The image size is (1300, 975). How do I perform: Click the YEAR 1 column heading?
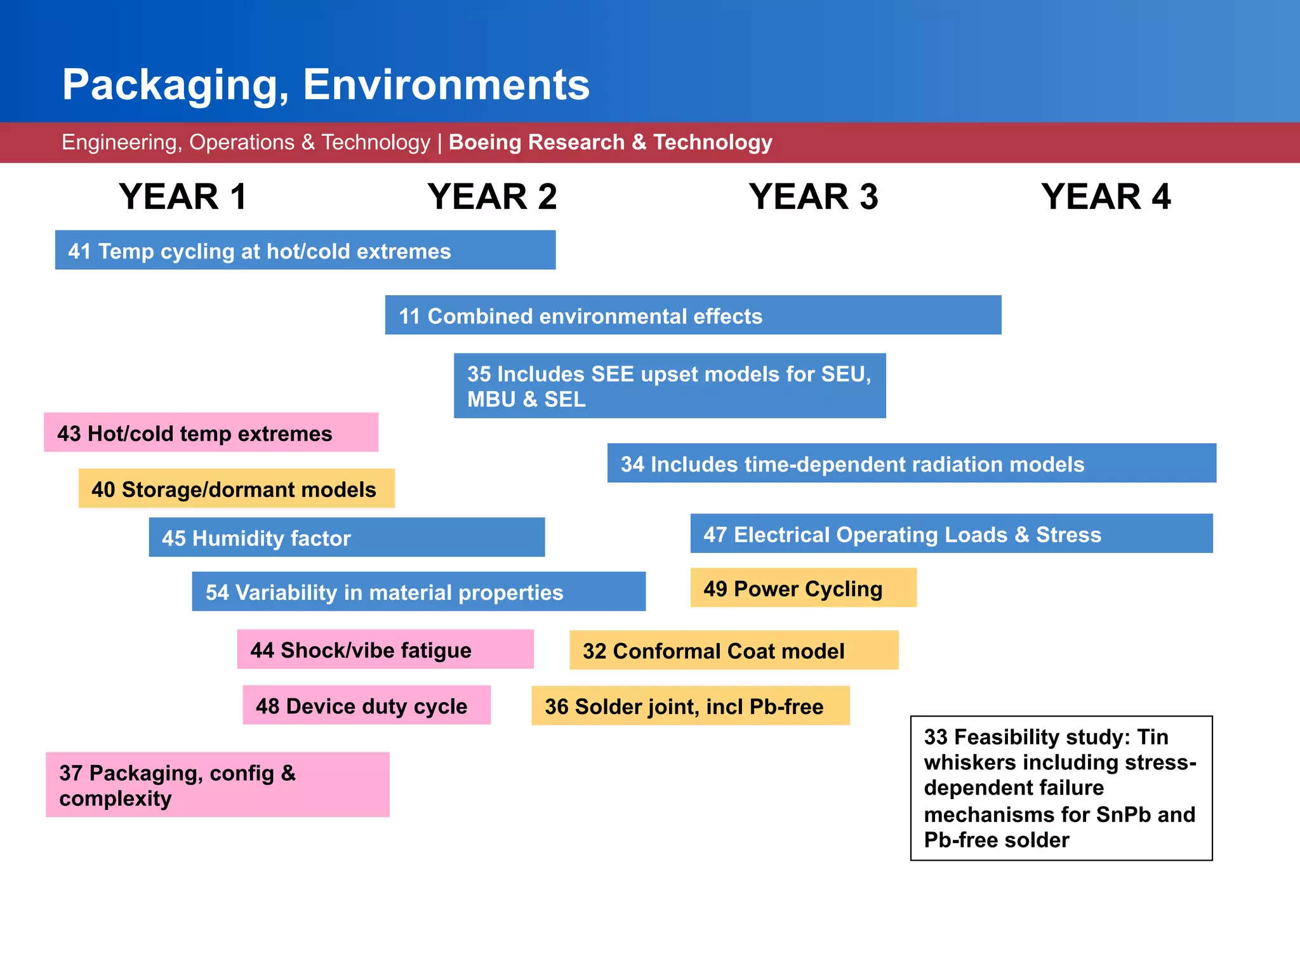183,196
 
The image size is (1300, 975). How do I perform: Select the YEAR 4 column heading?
1106,196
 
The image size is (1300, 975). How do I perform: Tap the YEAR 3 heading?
813,196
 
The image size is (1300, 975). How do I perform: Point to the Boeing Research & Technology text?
610,142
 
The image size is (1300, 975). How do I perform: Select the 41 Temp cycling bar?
305,250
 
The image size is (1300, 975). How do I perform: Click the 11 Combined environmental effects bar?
693,315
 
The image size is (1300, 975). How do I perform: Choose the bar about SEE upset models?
669,385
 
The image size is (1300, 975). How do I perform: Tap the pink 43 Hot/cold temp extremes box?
211,432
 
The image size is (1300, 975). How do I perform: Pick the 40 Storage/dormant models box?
236,488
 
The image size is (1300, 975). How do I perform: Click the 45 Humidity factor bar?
347,537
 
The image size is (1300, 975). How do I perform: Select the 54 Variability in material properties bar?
418,591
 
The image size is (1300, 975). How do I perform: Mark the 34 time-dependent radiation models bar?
911,463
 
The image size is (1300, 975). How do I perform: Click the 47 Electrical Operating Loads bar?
951,533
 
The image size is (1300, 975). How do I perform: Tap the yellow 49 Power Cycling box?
803,587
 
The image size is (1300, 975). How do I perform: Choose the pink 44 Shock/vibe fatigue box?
385,649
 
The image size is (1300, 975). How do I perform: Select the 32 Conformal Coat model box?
733,650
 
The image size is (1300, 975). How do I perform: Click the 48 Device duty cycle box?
366,705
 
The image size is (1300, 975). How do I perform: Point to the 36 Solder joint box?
690,705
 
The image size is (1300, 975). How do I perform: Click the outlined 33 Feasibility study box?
1061,788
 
